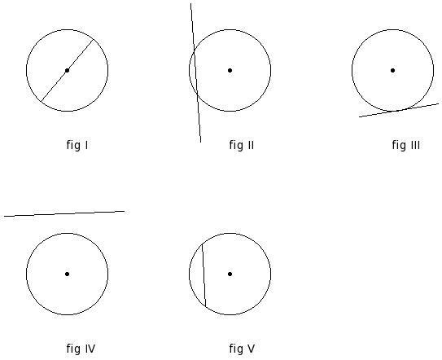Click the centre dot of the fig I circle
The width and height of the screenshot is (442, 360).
point(67,70)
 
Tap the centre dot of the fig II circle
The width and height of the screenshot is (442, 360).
point(230,70)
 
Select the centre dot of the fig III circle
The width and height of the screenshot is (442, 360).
point(392,70)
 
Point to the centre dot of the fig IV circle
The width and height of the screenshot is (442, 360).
point(67,274)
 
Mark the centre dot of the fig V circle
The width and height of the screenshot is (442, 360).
point(230,274)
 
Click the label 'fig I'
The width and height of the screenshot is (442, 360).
point(77,145)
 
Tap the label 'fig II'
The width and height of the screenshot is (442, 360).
point(242,145)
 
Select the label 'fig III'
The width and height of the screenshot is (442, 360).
point(406,145)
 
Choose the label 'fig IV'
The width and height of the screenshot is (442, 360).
point(81,349)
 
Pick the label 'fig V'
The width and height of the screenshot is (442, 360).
point(242,349)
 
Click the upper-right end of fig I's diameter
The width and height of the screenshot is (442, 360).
point(94,39)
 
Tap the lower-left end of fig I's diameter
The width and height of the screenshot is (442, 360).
point(42,101)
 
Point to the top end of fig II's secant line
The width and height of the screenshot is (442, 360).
point(190,3)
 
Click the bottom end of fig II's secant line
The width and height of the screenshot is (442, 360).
point(201,143)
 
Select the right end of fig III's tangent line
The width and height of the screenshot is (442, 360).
point(439,103)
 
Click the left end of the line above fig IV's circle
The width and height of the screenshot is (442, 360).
point(4,217)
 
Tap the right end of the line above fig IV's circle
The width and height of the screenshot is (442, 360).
point(125,211)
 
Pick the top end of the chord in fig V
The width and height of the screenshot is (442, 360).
point(202,244)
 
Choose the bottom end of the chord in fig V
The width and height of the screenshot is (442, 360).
point(205,306)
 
